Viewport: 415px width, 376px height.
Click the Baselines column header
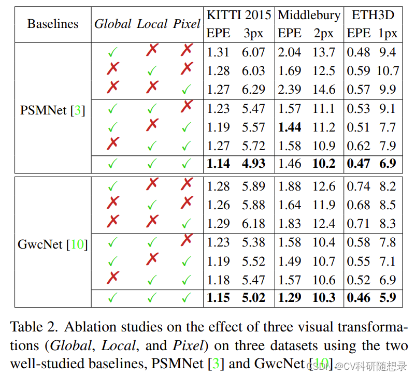(53, 24)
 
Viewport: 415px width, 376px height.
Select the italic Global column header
(112, 24)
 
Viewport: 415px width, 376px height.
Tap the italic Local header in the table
(152, 24)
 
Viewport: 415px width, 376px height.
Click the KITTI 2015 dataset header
(238, 15)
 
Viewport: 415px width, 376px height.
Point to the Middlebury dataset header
(309, 15)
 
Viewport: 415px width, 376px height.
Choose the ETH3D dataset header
(373, 15)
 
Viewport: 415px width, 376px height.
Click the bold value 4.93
(253, 164)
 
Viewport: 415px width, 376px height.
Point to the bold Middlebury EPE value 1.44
(290, 127)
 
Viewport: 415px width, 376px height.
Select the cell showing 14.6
(324, 90)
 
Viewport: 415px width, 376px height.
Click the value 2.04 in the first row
(290, 52)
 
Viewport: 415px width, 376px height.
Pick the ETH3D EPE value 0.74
(359, 186)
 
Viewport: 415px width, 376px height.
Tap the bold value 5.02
(253, 298)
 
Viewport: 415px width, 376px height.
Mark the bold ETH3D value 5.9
(388, 298)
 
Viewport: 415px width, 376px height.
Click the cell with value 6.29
(253, 90)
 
